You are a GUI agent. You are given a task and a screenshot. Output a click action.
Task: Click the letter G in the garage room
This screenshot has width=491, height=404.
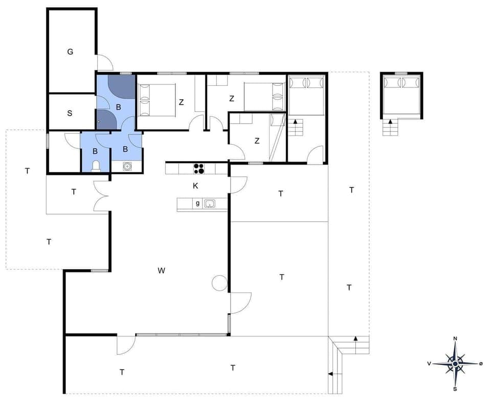coord(70,52)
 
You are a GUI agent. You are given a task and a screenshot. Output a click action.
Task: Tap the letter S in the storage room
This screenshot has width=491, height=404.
coord(70,113)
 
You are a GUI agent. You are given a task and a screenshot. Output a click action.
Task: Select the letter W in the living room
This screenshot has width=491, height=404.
coord(162,271)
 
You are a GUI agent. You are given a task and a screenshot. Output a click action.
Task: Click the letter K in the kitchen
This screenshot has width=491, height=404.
coord(195,186)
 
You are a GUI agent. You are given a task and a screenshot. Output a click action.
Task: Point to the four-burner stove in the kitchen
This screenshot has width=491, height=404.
coord(199,169)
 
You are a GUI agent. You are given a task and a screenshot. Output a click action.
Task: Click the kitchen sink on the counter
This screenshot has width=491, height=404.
coord(209,204)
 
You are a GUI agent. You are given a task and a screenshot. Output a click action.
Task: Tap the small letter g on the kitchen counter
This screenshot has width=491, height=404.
coord(197,203)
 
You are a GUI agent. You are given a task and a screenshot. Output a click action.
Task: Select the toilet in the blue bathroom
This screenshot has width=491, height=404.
coord(95,165)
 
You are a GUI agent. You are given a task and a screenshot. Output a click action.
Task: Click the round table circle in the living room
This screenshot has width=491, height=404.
coord(219,282)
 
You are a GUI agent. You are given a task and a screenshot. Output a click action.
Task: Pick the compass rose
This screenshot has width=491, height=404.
coord(455,364)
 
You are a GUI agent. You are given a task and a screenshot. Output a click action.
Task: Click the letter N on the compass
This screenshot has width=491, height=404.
coord(455,339)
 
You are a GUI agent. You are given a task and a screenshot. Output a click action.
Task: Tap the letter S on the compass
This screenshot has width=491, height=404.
coord(455,389)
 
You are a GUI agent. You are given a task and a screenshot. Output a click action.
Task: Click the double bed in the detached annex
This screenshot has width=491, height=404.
coord(402,95)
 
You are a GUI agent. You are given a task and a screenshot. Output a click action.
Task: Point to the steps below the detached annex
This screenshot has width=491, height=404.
coord(390,128)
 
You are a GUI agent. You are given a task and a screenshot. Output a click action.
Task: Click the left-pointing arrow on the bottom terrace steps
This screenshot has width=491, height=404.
coord(330,374)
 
